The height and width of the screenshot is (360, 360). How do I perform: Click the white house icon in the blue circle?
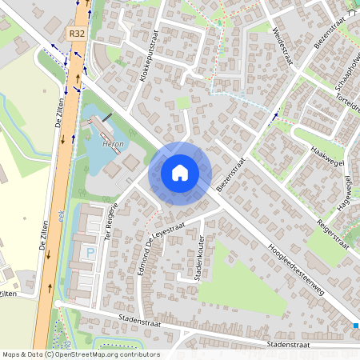click(x=180, y=173)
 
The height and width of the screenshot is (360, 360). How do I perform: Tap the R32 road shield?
click(x=77, y=34)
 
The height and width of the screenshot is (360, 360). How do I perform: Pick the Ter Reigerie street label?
click(x=112, y=219)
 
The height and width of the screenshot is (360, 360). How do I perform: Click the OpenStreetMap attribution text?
click(x=81, y=354)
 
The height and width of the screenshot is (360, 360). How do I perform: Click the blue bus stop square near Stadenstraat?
click(x=356, y=325)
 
